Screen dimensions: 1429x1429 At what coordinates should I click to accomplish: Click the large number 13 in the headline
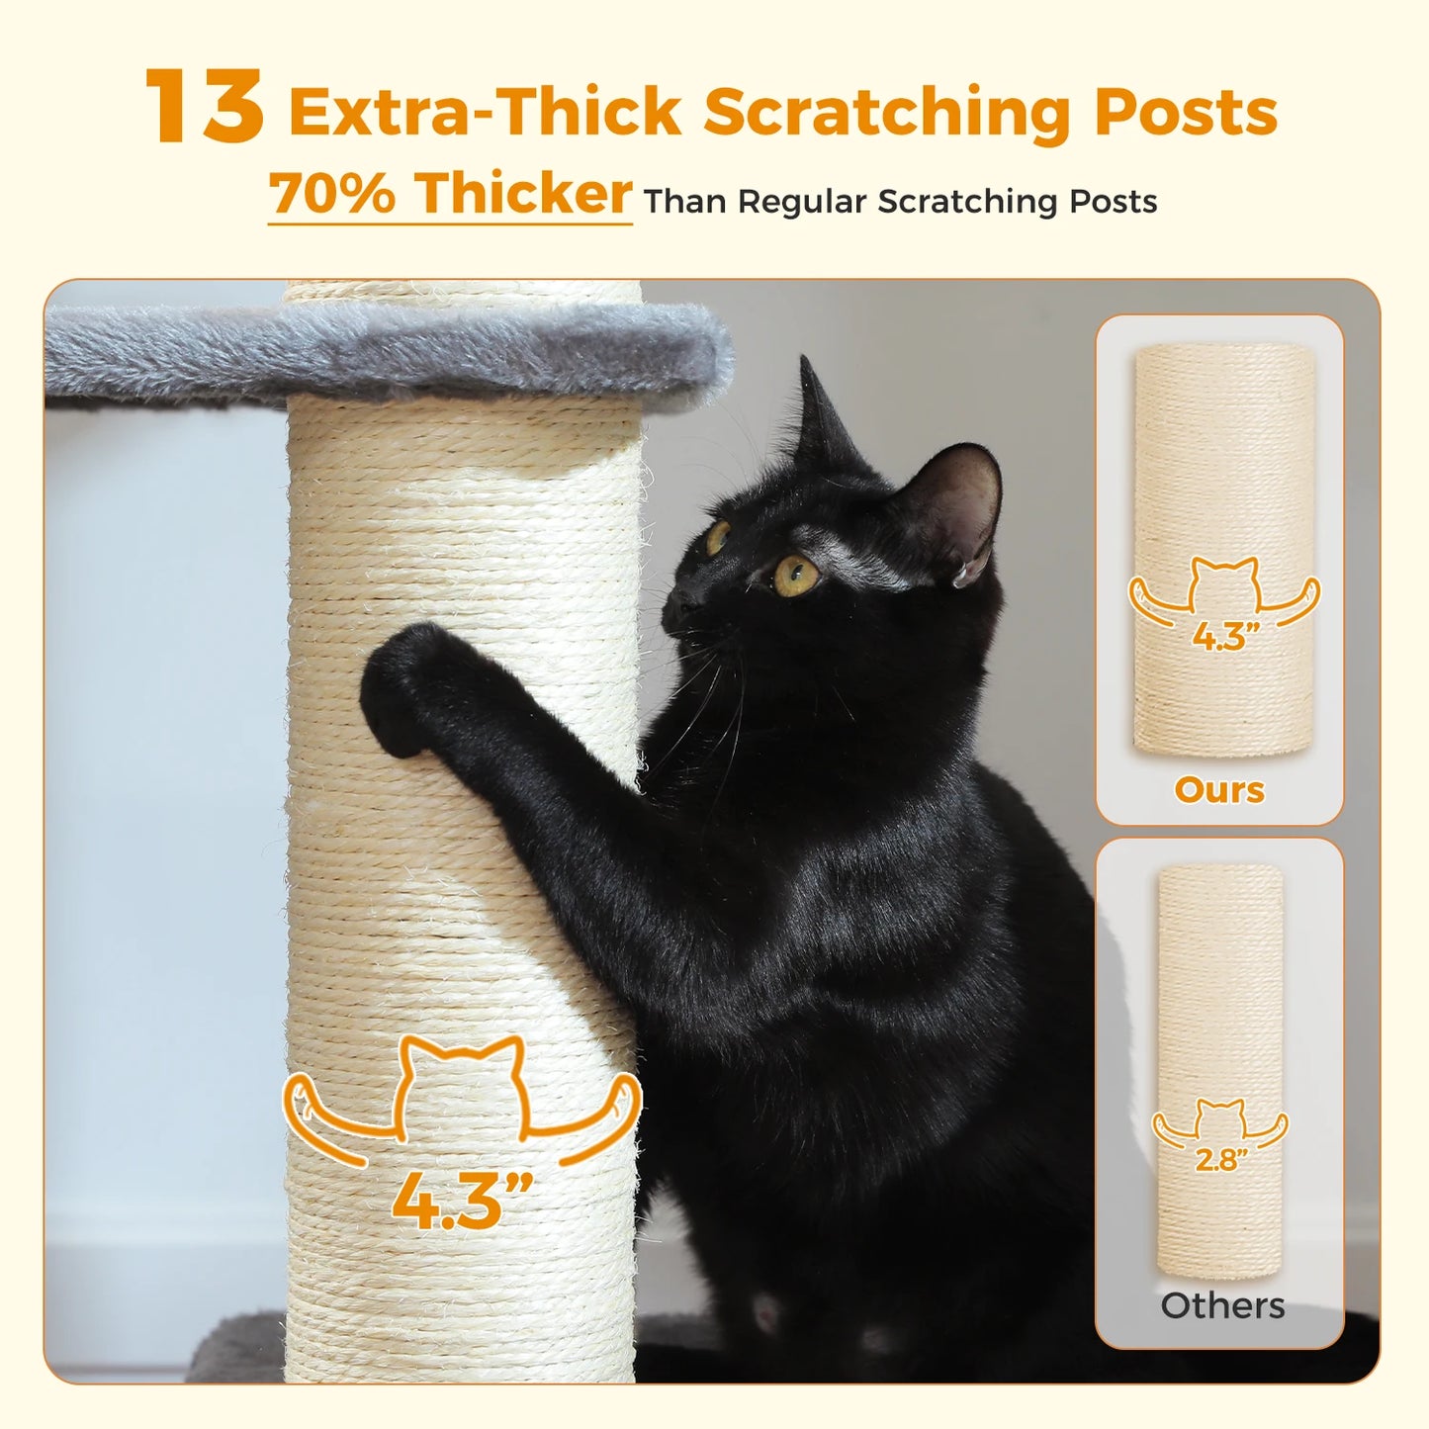(205, 107)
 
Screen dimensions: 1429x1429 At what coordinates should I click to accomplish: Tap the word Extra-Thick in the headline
(485, 112)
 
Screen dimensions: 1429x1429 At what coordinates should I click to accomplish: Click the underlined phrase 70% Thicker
(450, 194)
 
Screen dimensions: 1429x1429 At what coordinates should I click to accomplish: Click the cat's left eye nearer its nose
(716, 537)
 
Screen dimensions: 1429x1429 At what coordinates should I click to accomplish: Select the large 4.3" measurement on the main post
(461, 1200)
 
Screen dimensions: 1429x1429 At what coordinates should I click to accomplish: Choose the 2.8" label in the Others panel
(1220, 1159)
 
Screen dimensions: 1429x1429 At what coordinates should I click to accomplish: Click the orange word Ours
(1218, 790)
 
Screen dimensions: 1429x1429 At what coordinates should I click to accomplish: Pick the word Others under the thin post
(1222, 1305)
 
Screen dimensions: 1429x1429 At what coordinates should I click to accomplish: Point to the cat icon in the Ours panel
(1224, 585)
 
